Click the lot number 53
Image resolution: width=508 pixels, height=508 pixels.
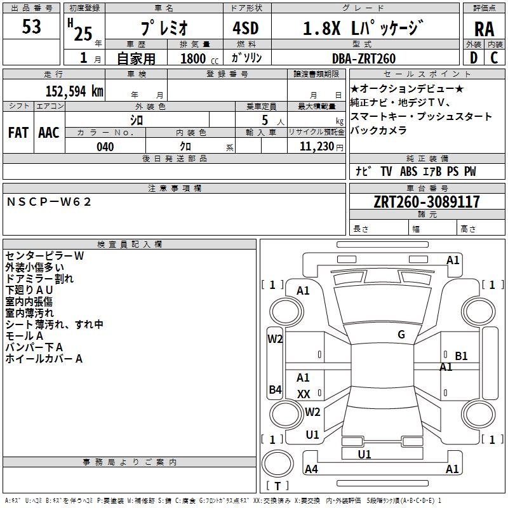pyautogui.click(x=31, y=27)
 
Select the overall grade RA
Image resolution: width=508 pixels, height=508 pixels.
pyautogui.click(x=484, y=29)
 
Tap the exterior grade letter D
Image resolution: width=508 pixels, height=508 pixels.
pyautogui.click(x=473, y=57)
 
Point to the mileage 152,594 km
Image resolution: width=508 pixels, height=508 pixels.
pyautogui.click(x=74, y=90)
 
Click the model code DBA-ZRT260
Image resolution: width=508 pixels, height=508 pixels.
pyautogui.click(x=364, y=58)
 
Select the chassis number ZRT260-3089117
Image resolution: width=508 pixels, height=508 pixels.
pyautogui.click(x=427, y=202)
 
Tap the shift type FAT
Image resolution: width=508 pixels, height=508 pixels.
pyautogui.click(x=18, y=132)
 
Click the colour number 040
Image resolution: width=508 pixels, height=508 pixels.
pyautogui.click(x=105, y=147)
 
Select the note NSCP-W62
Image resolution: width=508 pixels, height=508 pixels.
pyautogui.click(x=50, y=201)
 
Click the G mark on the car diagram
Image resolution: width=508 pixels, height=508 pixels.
pyautogui.click(x=401, y=335)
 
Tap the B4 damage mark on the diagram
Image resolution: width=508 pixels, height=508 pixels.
pyautogui.click(x=275, y=389)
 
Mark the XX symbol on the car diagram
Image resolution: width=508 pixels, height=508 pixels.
pyautogui.click(x=304, y=394)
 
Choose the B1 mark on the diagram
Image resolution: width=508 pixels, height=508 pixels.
pyautogui.click(x=461, y=356)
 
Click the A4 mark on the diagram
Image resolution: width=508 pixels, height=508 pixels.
pyautogui.click(x=311, y=469)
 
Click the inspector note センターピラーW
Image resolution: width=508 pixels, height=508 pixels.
pyautogui.click(x=44, y=256)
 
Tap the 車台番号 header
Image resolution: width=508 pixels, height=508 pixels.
pyautogui.click(x=427, y=189)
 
